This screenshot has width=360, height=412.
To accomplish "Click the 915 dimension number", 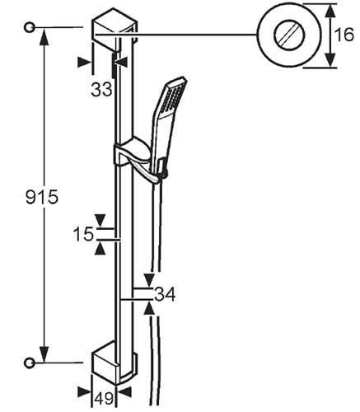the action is tap(42, 197).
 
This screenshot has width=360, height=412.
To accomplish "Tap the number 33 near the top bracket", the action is tap(101, 90).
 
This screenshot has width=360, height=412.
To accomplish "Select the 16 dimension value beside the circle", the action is tap(344, 35).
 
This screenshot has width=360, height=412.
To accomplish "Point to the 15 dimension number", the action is tap(83, 234).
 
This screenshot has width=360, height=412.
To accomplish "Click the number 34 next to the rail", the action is tap(165, 294).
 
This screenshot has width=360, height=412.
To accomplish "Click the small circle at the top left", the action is tap(29, 27).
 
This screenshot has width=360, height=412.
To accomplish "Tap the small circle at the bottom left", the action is tap(29, 363).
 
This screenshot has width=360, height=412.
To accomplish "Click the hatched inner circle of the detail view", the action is tap(289, 35).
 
